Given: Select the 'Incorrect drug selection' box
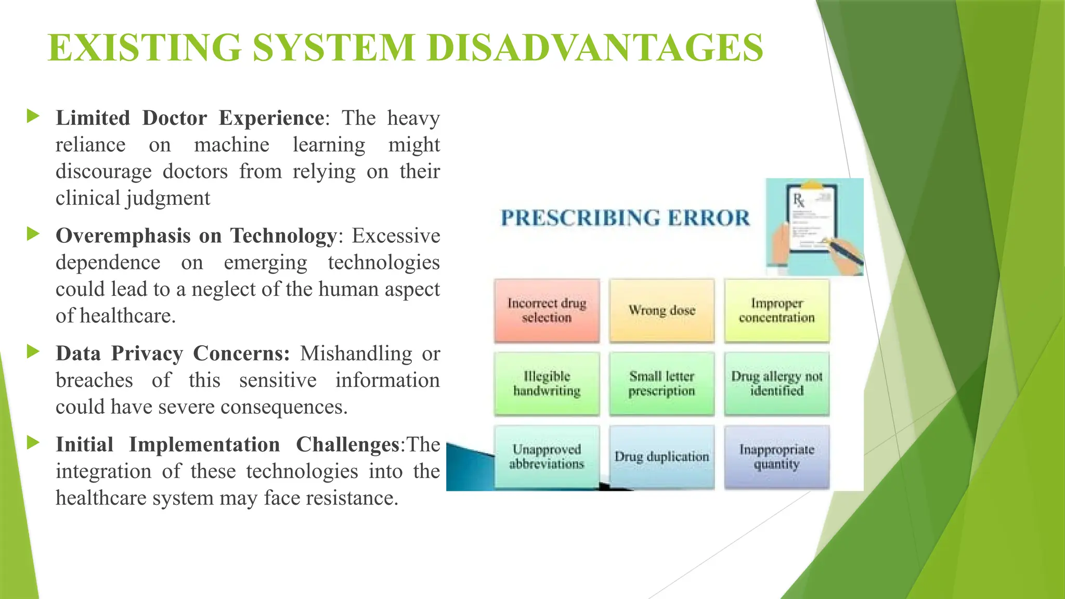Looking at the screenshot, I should point(547,310).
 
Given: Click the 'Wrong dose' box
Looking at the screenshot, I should point(661,310).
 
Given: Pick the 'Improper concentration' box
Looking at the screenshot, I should point(776,310).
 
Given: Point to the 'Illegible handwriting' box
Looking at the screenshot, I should point(547,384).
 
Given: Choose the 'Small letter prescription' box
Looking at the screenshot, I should point(661,384).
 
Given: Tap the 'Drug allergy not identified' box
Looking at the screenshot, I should point(776,384).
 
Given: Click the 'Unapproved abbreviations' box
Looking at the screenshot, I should point(547,457).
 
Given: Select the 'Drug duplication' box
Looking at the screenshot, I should point(661,457).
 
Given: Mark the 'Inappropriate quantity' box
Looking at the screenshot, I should point(776,457).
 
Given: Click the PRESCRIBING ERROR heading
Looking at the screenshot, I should point(625,218).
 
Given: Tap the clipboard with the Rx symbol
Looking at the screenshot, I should point(813,220).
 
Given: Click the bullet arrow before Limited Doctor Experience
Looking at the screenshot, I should point(33,116).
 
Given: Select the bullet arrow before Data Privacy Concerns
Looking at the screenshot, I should point(33,351).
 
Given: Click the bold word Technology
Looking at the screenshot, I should point(284,236).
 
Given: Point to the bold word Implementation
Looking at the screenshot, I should point(204,445).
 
